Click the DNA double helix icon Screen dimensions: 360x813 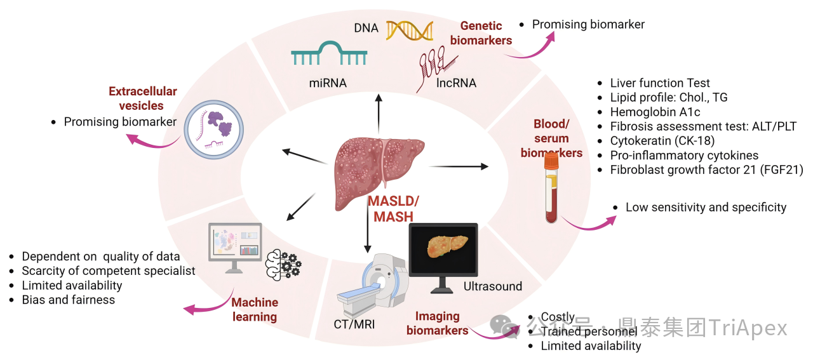coord(410,30)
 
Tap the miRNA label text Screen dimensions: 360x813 coord(328,83)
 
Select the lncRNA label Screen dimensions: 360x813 coord(456,83)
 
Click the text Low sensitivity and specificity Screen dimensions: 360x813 coord(706,207)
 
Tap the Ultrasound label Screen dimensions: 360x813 coord(492,286)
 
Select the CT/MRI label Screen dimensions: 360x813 coord(354,324)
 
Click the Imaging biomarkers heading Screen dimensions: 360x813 coord(438,323)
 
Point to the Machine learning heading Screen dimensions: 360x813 coord(254,310)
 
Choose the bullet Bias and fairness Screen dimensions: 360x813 coord(69,300)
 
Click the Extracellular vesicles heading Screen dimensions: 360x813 coord(142,98)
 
